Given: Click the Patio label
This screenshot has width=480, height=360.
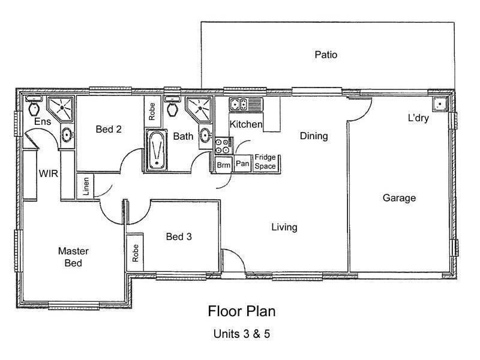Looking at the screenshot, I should [326, 55].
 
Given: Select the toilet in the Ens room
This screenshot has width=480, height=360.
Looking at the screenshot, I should [35, 108].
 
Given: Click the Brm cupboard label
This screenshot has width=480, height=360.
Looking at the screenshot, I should [223, 164].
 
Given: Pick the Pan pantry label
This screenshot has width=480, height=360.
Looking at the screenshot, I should [242, 163].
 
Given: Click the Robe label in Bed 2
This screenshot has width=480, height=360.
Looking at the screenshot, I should [152, 112].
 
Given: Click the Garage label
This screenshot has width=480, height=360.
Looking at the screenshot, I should [399, 198].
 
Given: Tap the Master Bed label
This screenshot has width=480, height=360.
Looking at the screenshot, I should [70, 257].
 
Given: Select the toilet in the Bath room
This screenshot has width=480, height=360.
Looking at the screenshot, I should [173, 108].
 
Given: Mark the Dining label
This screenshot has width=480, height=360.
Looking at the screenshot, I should [314, 136].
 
